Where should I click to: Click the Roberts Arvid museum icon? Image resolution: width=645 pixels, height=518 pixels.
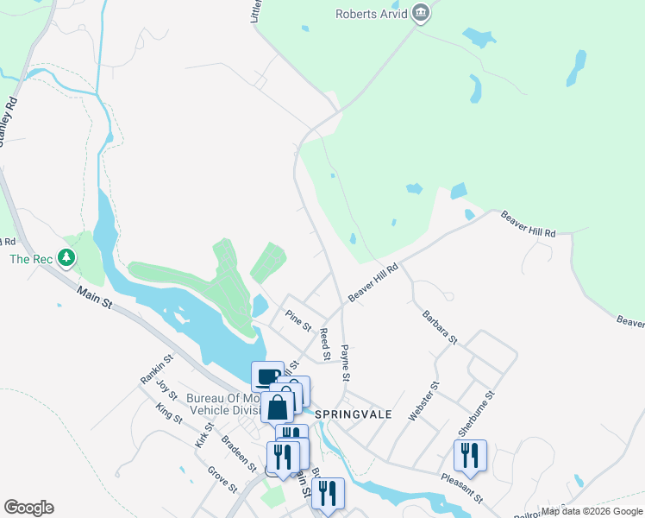[421, 13]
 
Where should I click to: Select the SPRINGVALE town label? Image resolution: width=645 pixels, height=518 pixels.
[353, 414]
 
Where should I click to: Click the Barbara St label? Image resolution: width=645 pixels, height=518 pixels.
[439, 329]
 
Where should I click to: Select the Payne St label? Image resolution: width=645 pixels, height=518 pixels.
[345, 363]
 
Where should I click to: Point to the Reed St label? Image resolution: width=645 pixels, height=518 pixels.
[325, 344]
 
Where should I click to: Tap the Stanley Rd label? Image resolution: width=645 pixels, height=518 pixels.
[8, 121]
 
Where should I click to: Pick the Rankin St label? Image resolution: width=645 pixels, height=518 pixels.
[156, 369]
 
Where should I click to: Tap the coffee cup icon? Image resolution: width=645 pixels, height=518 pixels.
[268, 376]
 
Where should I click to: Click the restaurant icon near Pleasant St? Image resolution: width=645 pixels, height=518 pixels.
[470, 455]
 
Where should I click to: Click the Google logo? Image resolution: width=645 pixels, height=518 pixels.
[28, 508]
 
